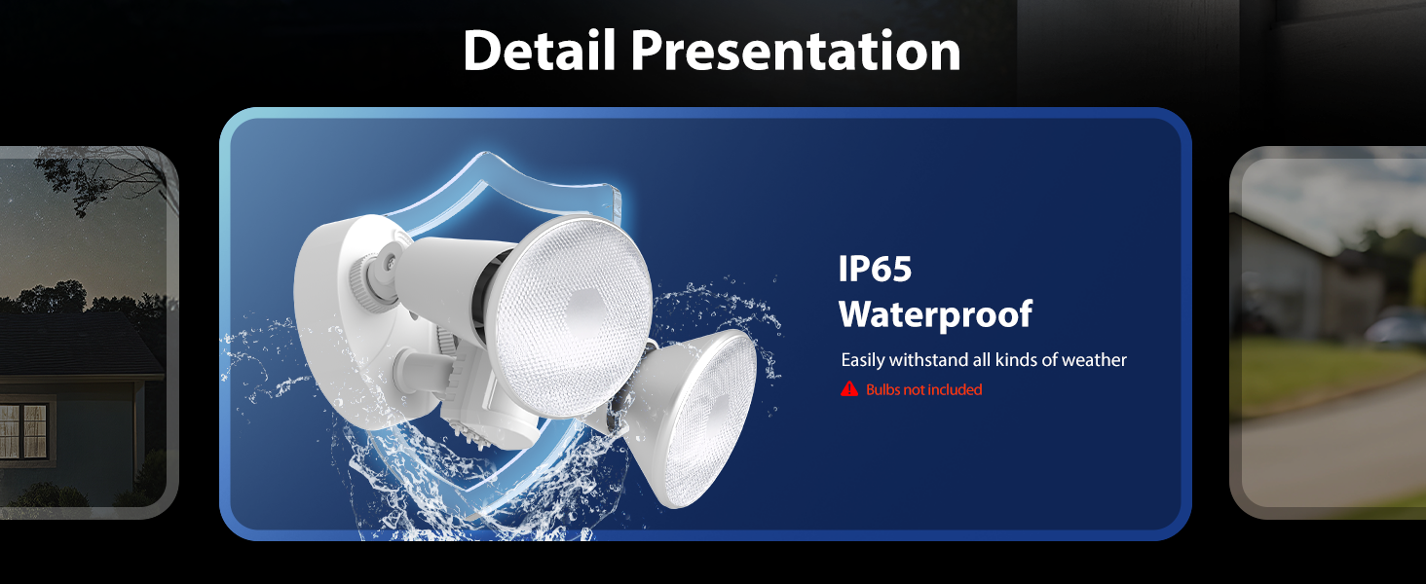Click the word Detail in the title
(540, 51)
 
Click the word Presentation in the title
(795, 51)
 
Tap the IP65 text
(875, 269)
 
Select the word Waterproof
(935, 314)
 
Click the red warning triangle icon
(849, 389)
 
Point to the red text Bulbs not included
(923, 389)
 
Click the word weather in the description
(1094, 360)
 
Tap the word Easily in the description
(863, 361)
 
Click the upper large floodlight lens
(573, 316)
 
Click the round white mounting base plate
(344, 318)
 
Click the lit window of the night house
(23, 430)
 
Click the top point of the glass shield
(486, 153)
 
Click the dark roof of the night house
(76, 347)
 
